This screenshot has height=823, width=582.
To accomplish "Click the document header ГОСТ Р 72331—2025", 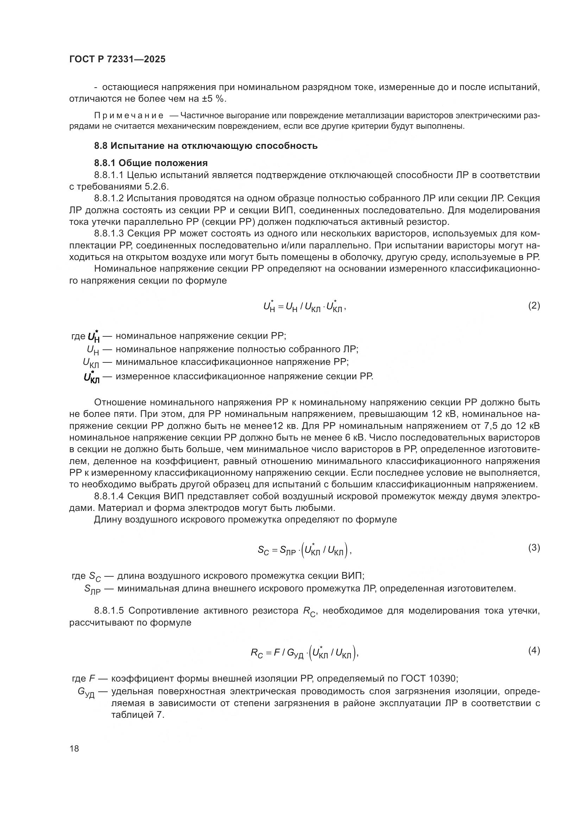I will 117,59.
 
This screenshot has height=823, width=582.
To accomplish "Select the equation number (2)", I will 534,305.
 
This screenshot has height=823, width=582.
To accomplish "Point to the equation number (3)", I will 534,547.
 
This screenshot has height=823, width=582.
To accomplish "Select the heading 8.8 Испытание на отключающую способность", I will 206,146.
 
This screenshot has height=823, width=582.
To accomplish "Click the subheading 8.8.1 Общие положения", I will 151,163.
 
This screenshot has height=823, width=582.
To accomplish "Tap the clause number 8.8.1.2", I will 109,198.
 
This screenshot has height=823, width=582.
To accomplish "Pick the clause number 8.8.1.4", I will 109,496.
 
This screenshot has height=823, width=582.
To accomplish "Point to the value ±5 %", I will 213,99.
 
